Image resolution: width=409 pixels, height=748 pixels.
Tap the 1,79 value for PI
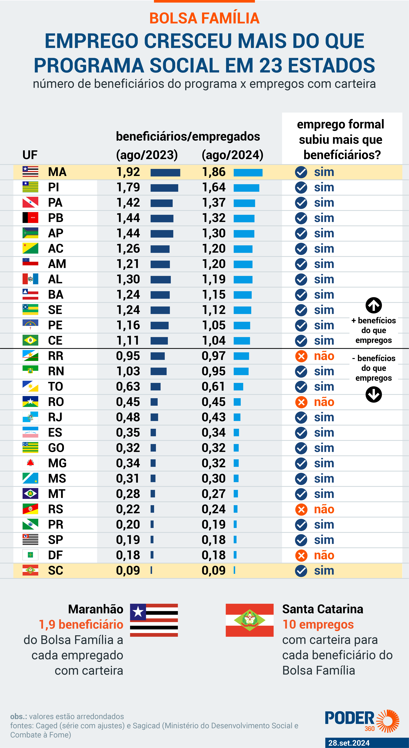click(x=128, y=187)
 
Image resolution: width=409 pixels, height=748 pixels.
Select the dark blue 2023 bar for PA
click(x=162, y=203)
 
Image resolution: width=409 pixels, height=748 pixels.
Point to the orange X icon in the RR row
click(x=301, y=356)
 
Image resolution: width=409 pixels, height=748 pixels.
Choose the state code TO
click(x=55, y=386)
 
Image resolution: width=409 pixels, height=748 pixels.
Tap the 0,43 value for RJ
click(x=213, y=417)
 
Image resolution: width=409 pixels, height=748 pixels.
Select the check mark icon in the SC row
click(x=301, y=571)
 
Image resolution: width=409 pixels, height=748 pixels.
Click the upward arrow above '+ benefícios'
click(x=374, y=305)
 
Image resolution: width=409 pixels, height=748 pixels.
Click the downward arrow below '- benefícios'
click(x=374, y=394)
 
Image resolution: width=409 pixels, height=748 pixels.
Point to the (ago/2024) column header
click(x=232, y=155)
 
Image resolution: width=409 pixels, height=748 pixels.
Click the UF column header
click(x=30, y=155)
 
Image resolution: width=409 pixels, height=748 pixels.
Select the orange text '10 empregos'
click(x=318, y=624)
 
